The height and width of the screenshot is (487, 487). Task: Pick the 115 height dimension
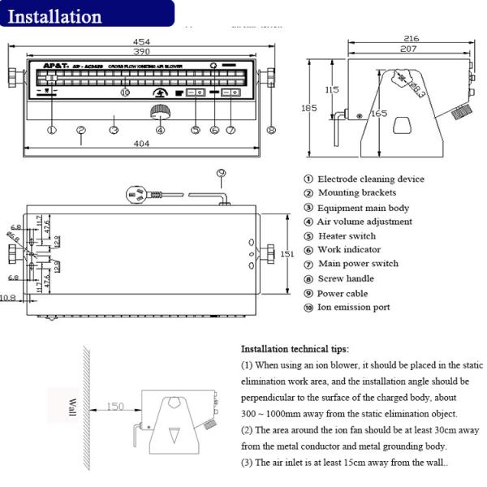(x=330, y=89)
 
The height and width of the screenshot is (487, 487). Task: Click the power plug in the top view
(x=137, y=194)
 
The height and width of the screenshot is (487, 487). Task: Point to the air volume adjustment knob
(x=160, y=113)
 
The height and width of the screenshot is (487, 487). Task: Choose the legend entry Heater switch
(x=347, y=236)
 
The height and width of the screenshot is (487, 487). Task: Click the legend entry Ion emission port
(x=353, y=308)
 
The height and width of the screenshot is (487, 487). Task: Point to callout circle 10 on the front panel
(x=124, y=93)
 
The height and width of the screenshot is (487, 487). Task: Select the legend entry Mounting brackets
(x=356, y=193)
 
